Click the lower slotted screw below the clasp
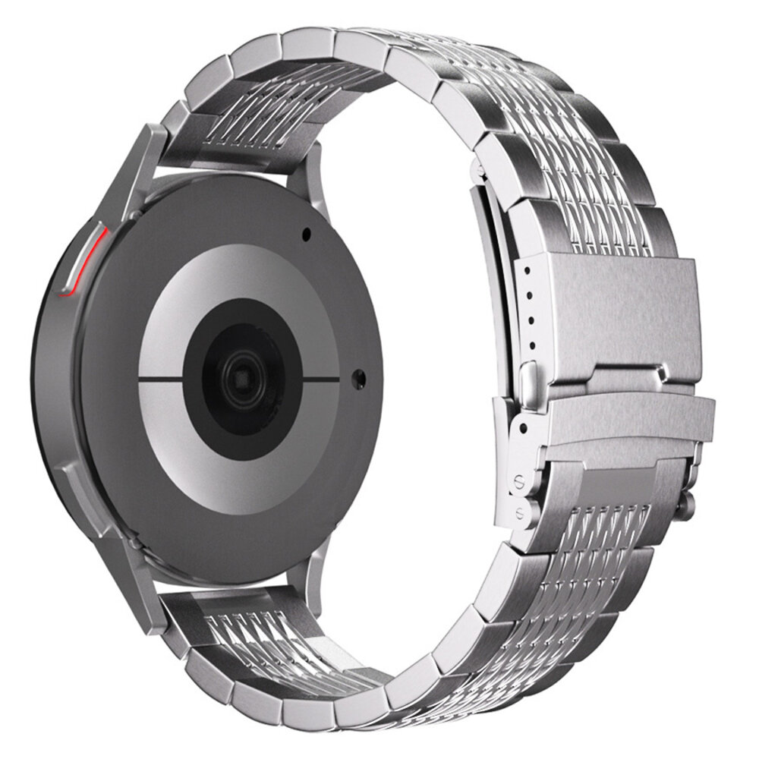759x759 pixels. tap(520, 509)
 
